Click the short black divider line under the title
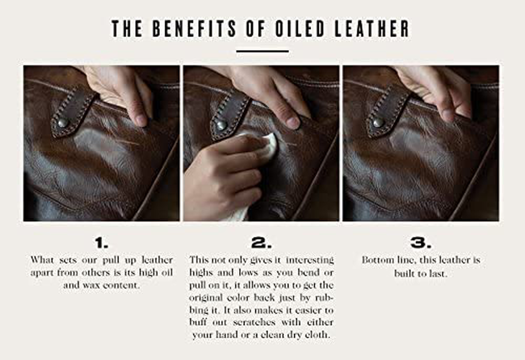pyautogui.click(x=262, y=51)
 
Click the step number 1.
pyautogui.click(x=101, y=243)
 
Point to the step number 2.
pyautogui.click(x=261, y=243)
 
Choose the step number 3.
pyautogui.click(x=421, y=243)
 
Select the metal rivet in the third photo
pyautogui.click(x=378, y=123)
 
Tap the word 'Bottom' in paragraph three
pyautogui.click(x=377, y=260)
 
